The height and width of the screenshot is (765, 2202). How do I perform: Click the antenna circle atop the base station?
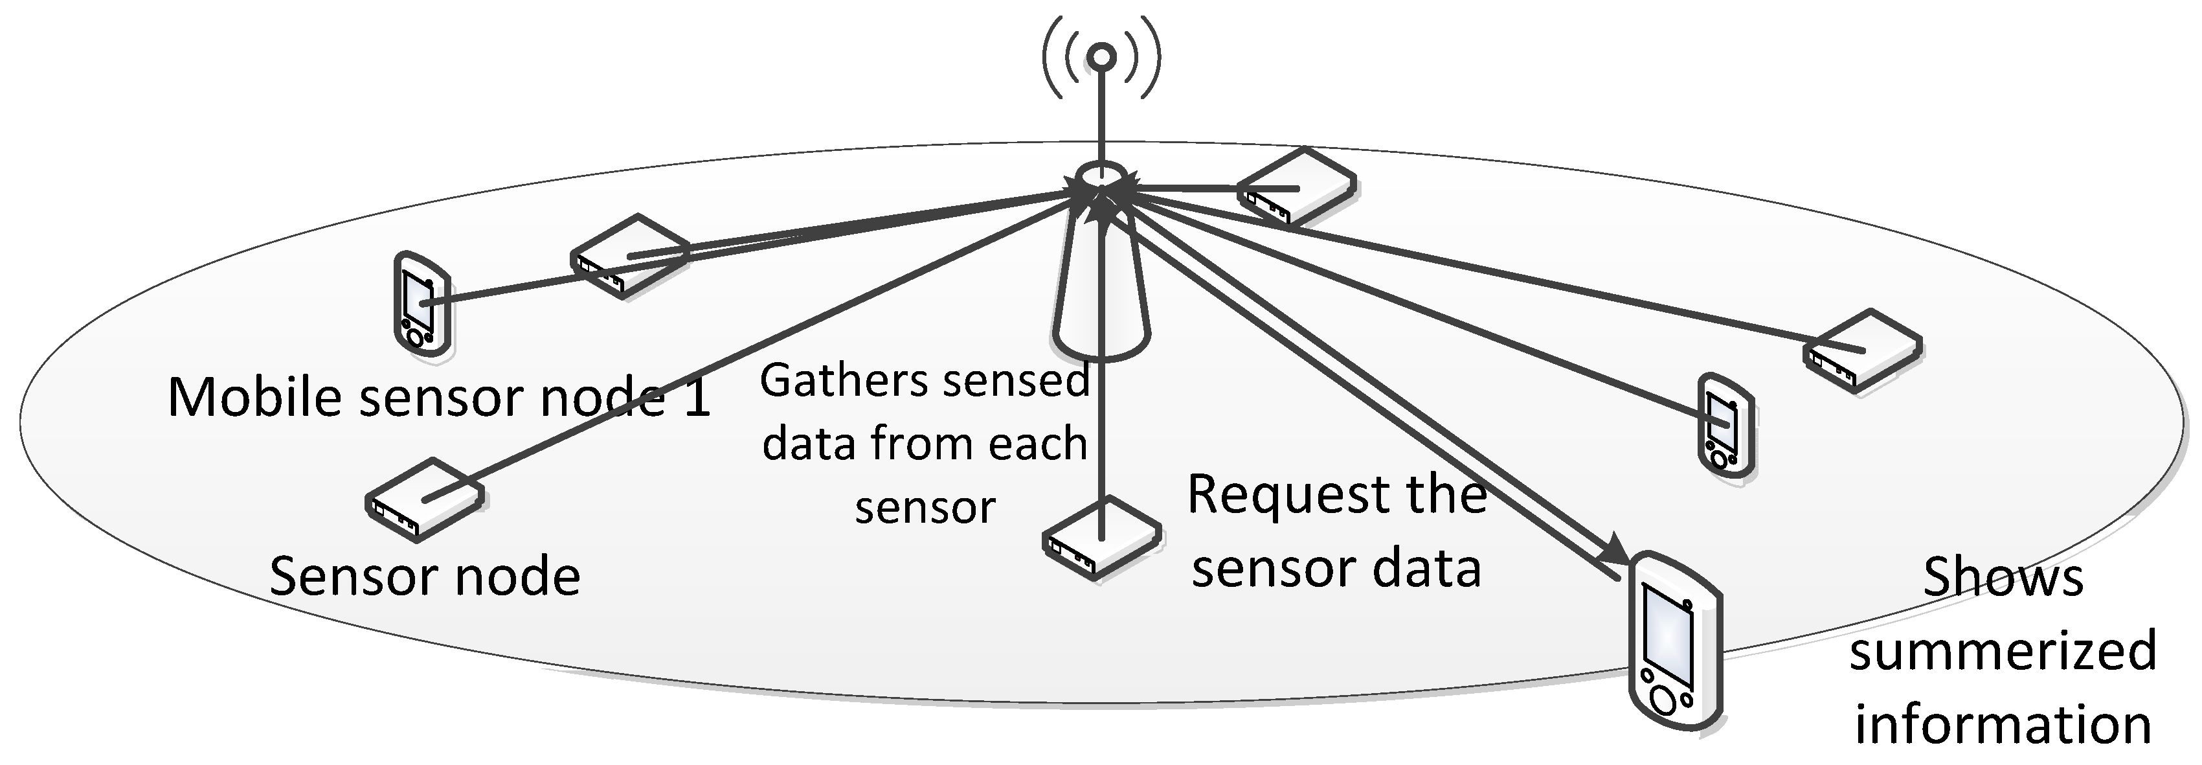click(x=1102, y=57)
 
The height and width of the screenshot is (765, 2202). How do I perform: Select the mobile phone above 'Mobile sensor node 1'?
click(x=421, y=303)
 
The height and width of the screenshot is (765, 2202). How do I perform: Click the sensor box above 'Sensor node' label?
click(x=425, y=499)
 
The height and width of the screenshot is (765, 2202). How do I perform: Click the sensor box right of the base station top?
click(x=1296, y=187)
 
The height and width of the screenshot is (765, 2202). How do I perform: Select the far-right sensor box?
click(x=1863, y=350)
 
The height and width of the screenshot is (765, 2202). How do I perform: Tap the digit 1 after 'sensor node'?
click(x=697, y=398)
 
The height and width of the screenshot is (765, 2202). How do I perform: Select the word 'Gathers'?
click(x=820, y=380)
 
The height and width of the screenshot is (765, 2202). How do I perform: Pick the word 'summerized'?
click(x=2002, y=650)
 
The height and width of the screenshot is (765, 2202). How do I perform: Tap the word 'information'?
click(x=2002, y=724)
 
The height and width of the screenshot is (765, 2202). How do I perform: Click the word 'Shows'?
click(x=2002, y=577)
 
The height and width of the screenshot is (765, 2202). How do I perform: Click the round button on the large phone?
click(x=1663, y=699)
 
